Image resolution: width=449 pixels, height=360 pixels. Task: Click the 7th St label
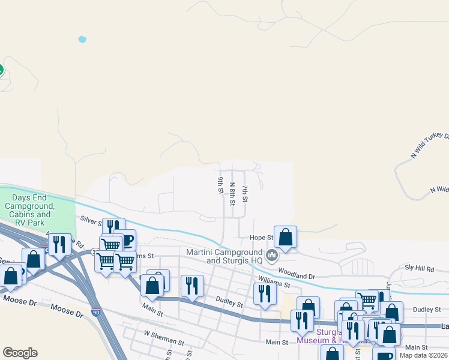coord(245,193)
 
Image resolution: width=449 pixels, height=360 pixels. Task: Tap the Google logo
coord(20,353)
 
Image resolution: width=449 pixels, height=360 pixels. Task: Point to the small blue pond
coord(82,40)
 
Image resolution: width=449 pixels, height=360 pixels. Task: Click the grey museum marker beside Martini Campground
coord(272,256)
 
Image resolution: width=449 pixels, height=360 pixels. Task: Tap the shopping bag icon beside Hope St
coord(286,237)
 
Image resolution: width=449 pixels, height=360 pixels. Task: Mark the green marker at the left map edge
coord(1,70)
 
